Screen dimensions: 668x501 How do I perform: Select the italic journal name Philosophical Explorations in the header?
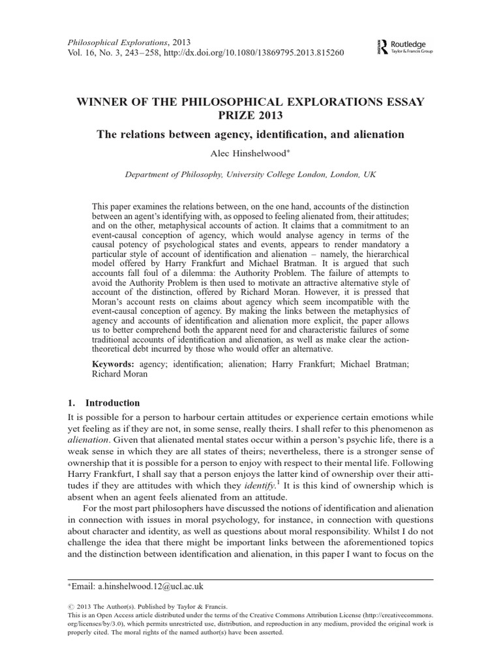(x=117, y=41)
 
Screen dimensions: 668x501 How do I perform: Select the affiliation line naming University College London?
(x=250, y=175)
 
